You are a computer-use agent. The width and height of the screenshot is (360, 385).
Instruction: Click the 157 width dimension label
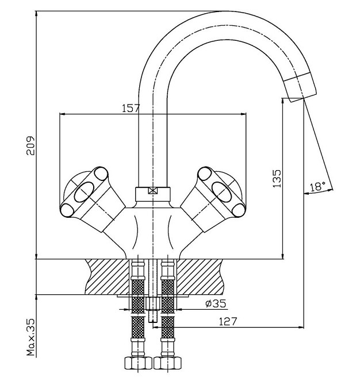[x=131, y=108]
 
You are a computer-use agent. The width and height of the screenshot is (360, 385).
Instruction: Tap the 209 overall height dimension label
[x=30, y=145]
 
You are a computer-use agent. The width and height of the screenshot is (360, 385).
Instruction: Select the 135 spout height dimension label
[x=277, y=179]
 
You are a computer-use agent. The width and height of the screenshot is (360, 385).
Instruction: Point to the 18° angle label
[x=317, y=187]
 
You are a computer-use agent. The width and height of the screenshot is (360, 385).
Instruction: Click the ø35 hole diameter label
[x=216, y=304]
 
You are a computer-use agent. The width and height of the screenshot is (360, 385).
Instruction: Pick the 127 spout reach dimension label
[x=228, y=321]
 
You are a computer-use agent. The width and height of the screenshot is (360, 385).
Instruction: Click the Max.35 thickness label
[x=31, y=337]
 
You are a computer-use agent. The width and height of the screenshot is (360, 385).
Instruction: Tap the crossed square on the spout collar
[x=152, y=191]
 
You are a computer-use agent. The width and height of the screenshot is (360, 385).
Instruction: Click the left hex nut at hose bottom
[x=138, y=363]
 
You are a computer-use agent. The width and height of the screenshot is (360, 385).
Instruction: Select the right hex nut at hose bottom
[x=167, y=363]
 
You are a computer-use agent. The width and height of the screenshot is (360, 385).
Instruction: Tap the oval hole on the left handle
[x=84, y=192]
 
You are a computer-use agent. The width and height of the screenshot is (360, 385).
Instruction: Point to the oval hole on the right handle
[x=221, y=192]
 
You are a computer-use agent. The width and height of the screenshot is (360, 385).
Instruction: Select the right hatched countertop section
[x=200, y=276]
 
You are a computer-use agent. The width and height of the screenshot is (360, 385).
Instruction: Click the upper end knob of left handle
[x=101, y=174]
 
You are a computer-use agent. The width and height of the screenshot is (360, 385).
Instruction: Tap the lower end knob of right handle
[x=239, y=210]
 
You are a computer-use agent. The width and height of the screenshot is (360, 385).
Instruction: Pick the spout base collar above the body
[x=152, y=194]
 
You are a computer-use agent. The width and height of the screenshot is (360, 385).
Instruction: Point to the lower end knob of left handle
[x=67, y=210]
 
